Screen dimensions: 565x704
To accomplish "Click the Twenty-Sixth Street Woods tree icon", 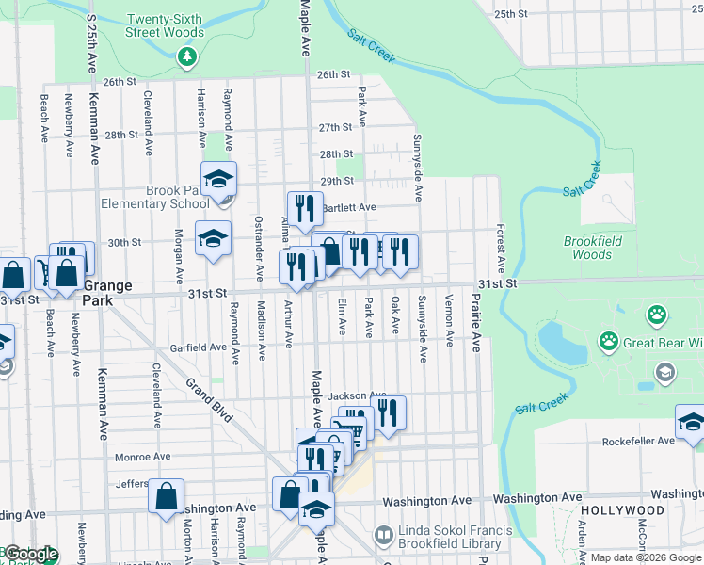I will coord(187,56).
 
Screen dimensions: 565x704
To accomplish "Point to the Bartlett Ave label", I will coord(349,207).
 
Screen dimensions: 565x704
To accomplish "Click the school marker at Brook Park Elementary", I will coord(218,178).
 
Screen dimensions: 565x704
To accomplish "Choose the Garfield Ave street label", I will coord(199,347).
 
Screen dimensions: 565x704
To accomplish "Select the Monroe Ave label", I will coord(142,457).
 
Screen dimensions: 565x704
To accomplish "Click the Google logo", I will coord(30,555).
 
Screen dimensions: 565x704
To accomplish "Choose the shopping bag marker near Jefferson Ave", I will coord(166,495).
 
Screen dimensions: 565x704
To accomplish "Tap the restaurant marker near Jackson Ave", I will coord(388,411).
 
